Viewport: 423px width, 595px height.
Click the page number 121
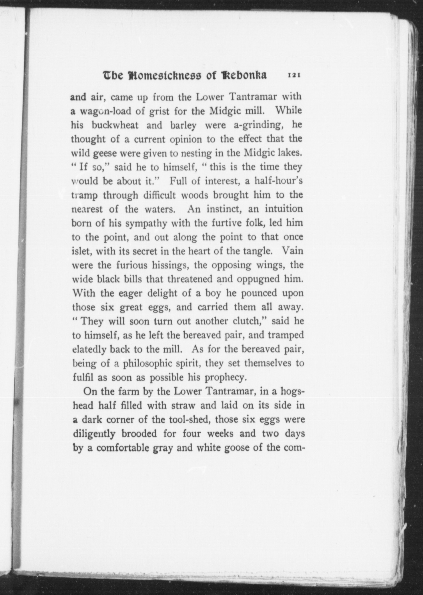tap(294, 75)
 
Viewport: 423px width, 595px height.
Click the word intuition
tap(283, 209)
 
